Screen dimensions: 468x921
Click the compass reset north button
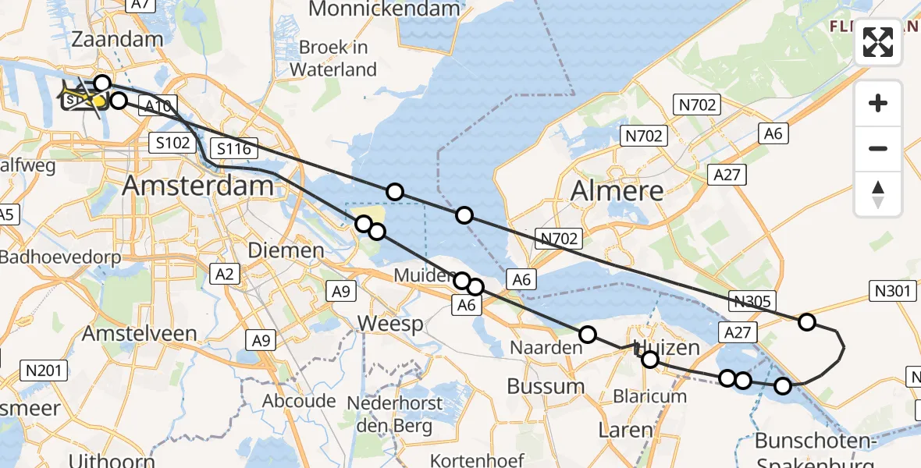tap(878, 194)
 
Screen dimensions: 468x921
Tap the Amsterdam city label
tap(199, 186)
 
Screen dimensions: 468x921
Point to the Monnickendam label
tap(384, 9)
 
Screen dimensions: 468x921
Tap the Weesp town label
tap(389, 323)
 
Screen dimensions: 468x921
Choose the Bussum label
tap(546, 385)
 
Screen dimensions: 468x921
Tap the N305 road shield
tap(752, 301)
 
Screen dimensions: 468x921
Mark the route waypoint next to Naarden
tap(587, 335)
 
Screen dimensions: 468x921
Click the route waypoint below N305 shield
tap(807, 321)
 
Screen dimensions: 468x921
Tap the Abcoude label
tap(300, 401)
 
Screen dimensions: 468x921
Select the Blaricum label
tap(649, 395)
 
